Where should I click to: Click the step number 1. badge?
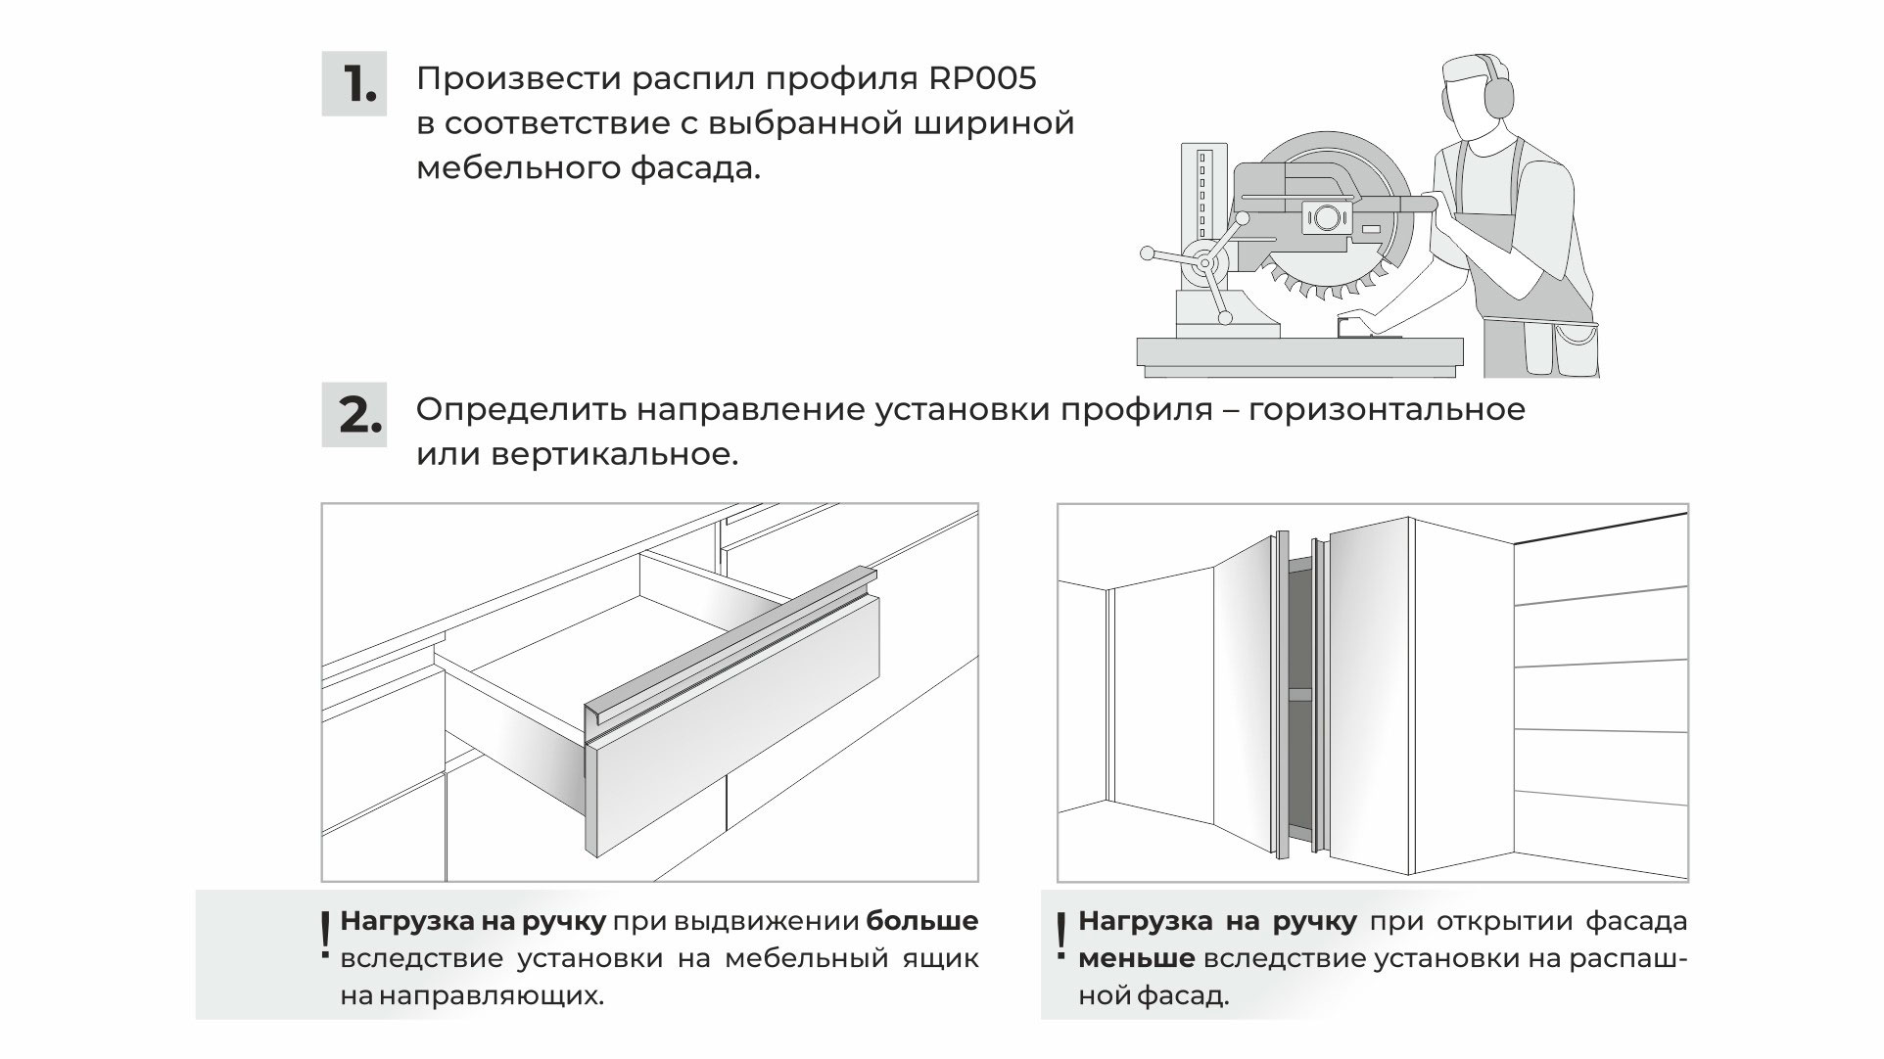tap(353, 84)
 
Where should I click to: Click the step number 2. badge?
tap(353, 415)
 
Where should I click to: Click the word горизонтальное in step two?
tap(1387, 409)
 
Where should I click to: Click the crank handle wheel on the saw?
tap(1205, 263)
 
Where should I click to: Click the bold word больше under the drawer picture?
tap(922, 921)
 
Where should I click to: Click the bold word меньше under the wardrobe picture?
tap(1136, 958)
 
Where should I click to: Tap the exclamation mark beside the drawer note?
tap(325, 936)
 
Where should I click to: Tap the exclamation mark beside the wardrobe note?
tap(1062, 936)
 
